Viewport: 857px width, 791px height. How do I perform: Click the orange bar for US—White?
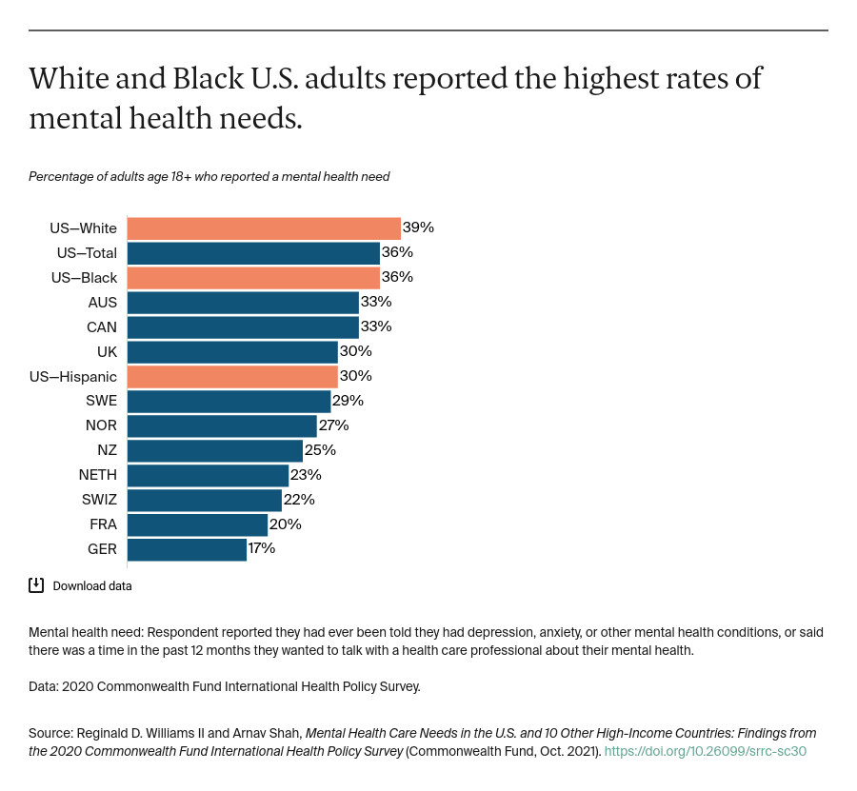[263, 228]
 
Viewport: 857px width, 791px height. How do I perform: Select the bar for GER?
[187, 549]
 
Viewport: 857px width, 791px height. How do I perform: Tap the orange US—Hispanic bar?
[231, 376]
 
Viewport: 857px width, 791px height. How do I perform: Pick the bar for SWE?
[229, 401]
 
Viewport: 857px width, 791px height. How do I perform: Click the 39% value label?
[418, 228]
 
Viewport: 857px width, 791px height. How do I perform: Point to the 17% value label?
[262, 549]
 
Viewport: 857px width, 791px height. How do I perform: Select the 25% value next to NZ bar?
[320, 450]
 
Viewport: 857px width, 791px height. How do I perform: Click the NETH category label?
[98, 475]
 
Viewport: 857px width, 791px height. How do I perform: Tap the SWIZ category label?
[99, 500]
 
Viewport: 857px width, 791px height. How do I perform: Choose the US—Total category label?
[87, 253]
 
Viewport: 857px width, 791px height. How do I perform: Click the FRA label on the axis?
[102, 524]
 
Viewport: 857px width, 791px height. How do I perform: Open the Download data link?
[92, 586]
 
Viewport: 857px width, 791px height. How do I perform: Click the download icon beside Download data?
[36, 585]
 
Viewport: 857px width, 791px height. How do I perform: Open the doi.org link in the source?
[705, 751]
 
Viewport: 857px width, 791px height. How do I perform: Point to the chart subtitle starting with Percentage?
[209, 176]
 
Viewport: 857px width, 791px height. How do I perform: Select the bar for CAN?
[243, 326]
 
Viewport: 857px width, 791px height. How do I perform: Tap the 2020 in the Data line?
[80, 686]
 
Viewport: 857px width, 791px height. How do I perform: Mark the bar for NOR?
[222, 425]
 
